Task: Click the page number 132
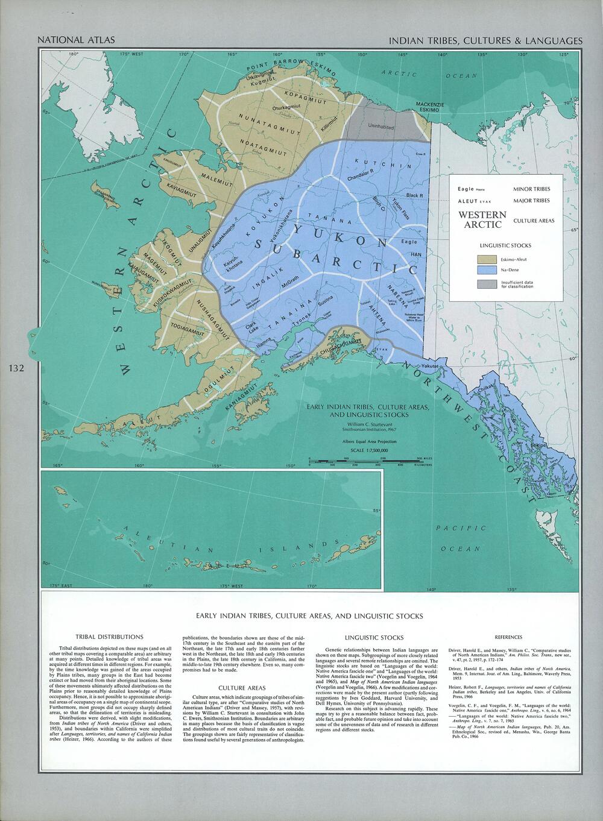pos(16,368)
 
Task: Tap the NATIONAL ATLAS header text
pos(76,40)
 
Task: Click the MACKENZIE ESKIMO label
pos(431,107)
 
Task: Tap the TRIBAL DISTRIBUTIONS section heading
pos(109,637)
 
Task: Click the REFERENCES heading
pos(508,637)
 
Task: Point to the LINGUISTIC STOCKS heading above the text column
pos(374,637)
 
